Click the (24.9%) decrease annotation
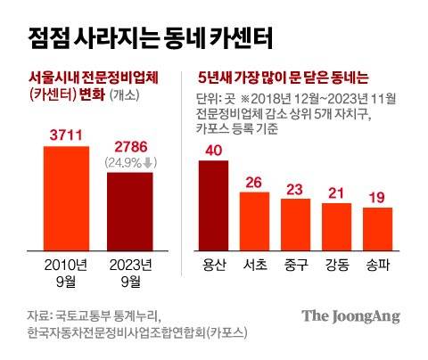pos(131,162)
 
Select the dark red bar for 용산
pos(213,200)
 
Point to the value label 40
pos(213,150)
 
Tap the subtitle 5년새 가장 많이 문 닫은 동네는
pos(280,78)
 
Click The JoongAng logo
pos(350,316)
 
